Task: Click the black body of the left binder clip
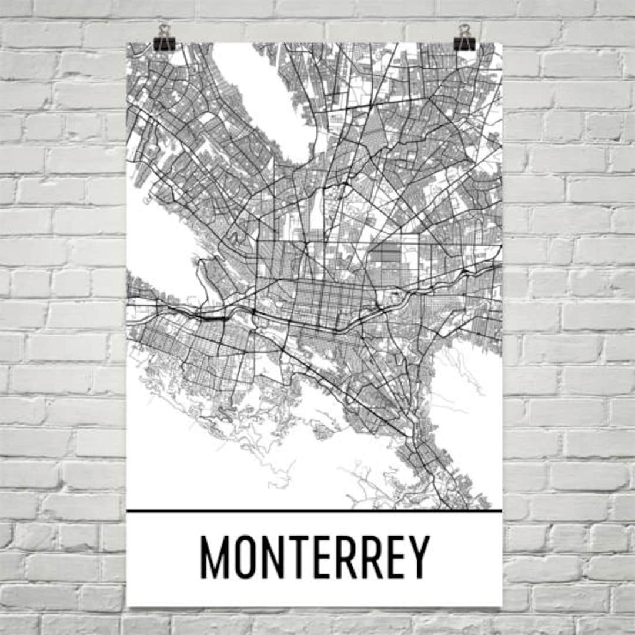point(164,44)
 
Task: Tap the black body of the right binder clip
point(464,44)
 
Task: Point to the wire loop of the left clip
point(164,29)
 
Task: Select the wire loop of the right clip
point(464,29)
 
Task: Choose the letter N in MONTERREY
point(273,557)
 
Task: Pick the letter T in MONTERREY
point(299,557)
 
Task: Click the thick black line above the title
point(315,511)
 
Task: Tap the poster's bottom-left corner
point(128,606)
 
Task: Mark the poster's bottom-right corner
point(502,606)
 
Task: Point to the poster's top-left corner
point(128,44)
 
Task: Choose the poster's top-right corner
point(502,44)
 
